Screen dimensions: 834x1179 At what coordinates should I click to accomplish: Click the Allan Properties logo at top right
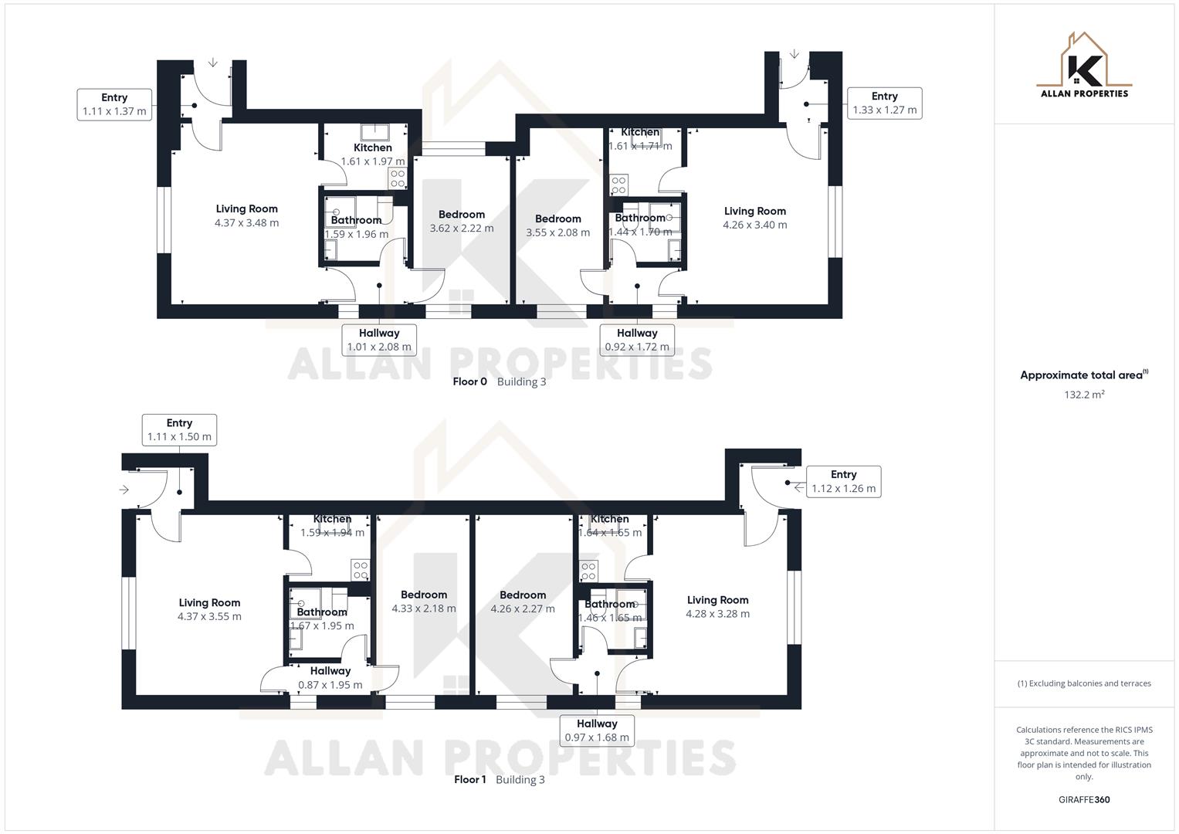pyautogui.click(x=1083, y=66)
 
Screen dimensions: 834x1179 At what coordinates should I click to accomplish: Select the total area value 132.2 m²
pyautogui.click(x=1084, y=395)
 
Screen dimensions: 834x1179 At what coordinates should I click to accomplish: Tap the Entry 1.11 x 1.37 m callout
pyautogui.click(x=114, y=104)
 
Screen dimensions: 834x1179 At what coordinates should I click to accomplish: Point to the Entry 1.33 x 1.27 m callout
pyautogui.click(x=884, y=103)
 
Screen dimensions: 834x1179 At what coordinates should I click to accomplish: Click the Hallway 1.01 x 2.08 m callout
pyautogui.click(x=379, y=340)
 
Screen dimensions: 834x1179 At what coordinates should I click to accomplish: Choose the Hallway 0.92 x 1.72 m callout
pyautogui.click(x=637, y=340)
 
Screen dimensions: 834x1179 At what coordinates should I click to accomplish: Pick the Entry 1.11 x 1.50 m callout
pyautogui.click(x=179, y=429)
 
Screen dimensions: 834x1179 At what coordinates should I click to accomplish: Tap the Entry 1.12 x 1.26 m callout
pyautogui.click(x=843, y=481)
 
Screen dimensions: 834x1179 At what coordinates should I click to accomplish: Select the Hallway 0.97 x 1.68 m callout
pyautogui.click(x=597, y=731)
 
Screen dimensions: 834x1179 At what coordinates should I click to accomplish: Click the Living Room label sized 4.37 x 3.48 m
pyautogui.click(x=246, y=215)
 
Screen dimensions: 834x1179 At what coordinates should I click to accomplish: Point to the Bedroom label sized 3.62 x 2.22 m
pyautogui.click(x=462, y=221)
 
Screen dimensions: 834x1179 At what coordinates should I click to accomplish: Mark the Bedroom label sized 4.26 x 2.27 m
pyautogui.click(x=523, y=602)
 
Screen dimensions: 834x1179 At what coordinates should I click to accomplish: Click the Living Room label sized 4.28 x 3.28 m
pyautogui.click(x=717, y=606)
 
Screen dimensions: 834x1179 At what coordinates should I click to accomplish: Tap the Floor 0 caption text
pyautogui.click(x=469, y=381)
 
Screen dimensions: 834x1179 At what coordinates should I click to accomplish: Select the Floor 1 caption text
pyautogui.click(x=469, y=779)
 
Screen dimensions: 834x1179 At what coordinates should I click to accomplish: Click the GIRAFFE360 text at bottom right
pyautogui.click(x=1083, y=799)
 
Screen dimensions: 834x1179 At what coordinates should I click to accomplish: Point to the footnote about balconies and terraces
pyautogui.click(x=1083, y=683)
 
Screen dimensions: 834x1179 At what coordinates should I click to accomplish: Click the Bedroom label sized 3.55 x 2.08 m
pyautogui.click(x=557, y=225)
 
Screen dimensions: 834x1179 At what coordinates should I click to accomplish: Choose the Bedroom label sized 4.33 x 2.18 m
pyautogui.click(x=424, y=602)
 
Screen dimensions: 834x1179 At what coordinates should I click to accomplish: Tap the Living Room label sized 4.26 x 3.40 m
pyautogui.click(x=754, y=218)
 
